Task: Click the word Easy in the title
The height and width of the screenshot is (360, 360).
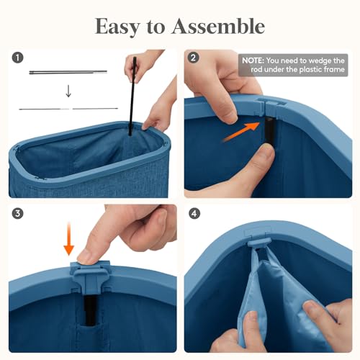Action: click(x=117, y=27)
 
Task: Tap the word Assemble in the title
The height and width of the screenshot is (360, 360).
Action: click(x=218, y=26)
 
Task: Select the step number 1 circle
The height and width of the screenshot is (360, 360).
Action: click(x=18, y=58)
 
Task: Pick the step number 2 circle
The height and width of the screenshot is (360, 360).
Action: click(x=193, y=58)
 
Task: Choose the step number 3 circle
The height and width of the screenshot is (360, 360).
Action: click(x=18, y=213)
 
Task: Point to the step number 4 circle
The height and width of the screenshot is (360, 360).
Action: click(x=194, y=213)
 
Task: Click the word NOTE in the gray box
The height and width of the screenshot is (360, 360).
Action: click(x=253, y=60)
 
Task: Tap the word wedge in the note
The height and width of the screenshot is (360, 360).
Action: click(x=318, y=60)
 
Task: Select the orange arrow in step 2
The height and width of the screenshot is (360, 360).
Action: click(x=241, y=132)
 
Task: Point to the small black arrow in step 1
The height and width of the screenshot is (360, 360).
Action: click(x=68, y=91)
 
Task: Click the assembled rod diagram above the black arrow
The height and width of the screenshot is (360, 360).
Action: click(x=68, y=72)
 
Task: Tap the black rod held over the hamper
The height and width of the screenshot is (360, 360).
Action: click(x=132, y=96)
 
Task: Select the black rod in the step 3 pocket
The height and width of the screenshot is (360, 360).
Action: click(x=90, y=310)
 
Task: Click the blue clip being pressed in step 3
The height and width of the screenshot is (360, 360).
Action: click(x=91, y=275)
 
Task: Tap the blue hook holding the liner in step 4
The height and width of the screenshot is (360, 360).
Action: click(x=259, y=243)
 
